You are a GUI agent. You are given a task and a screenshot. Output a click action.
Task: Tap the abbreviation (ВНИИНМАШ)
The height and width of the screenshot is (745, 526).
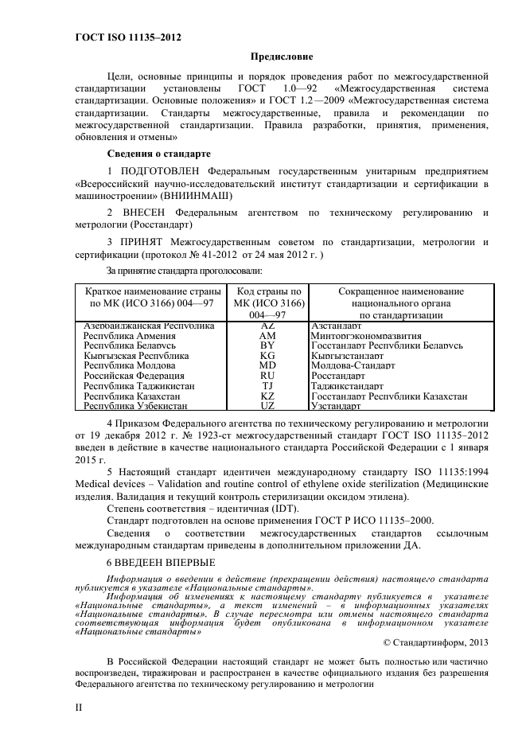[x=197, y=194]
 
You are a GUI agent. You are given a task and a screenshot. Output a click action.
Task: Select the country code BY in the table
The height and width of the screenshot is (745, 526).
[x=267, y=346]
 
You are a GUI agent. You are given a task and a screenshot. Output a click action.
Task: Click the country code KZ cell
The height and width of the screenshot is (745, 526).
[x=267, y=396]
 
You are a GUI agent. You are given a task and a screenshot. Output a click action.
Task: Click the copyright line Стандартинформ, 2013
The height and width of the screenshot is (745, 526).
[x=435, y=642]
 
